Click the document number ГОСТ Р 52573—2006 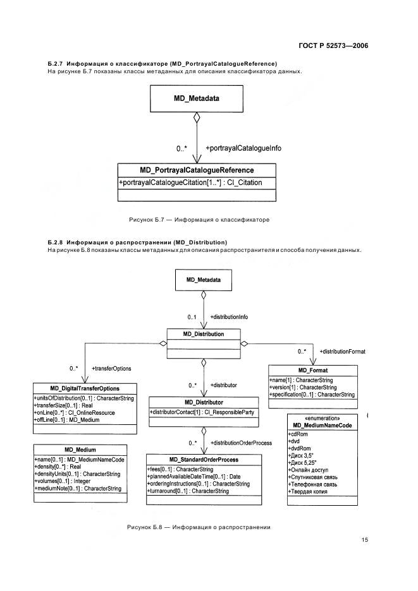333,45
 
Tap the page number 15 364,539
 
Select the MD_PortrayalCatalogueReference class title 197,170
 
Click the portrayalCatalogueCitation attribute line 191,182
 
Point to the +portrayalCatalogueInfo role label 243,148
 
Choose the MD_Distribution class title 204,334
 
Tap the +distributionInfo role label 229,317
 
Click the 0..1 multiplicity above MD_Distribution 192,317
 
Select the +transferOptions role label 111,369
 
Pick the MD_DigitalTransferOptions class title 85,388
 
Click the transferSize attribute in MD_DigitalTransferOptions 63,405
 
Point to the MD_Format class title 313,371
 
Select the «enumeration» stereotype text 322,419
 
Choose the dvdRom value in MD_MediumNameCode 300,448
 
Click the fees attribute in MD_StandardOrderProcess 180,470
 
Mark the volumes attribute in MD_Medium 63,481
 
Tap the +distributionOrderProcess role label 241,443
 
